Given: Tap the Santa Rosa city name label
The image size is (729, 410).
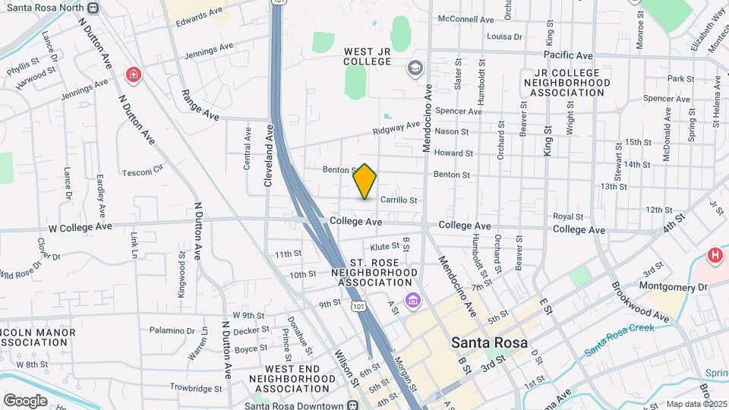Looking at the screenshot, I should [489, 342].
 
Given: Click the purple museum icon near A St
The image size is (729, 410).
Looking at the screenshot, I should [412, 301].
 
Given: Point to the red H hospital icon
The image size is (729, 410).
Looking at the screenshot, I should [715, 256].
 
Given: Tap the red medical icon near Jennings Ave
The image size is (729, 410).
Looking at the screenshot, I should [134, 74].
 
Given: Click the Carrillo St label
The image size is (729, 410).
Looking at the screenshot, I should [399, 200].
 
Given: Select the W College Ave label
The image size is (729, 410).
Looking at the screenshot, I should [80, 226].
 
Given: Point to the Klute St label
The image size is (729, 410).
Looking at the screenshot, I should [384, 247].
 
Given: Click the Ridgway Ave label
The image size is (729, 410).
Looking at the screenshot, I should [396, 129].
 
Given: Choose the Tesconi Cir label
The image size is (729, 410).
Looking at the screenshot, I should [143, 171].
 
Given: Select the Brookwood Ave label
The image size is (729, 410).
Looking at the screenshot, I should [640, 303].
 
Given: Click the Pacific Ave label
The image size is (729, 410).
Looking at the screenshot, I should [568, 55].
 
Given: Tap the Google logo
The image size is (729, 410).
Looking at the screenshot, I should [25, 400].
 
